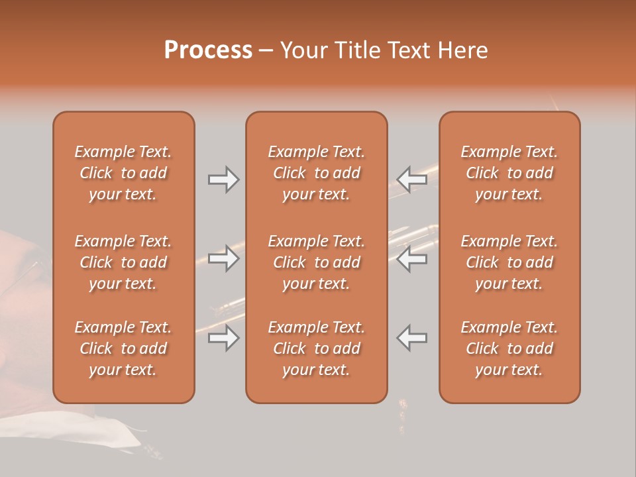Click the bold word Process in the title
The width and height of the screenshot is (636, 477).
point(208,50)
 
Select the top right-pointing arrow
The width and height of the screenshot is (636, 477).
point(223,180)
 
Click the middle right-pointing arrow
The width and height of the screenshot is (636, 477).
point(223,258)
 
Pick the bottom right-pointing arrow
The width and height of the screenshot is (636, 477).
point(223,338)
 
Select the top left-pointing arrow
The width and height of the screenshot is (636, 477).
point(412,180)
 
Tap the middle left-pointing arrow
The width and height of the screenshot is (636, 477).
point(412,258)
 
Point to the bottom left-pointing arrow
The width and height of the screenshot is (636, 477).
point(412,338)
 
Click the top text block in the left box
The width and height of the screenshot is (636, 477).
point(123,173)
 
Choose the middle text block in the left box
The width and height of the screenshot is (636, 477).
point(123,262)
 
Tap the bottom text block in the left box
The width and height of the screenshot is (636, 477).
point(123,348)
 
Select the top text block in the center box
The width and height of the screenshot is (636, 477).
point(317,173)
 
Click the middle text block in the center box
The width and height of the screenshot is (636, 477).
point(317,262)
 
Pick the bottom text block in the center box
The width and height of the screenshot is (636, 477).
point(317,348)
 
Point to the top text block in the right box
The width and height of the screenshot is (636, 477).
point(509,173)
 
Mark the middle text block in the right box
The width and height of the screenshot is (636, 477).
point(509,262)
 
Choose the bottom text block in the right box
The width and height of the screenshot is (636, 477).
point(509,348)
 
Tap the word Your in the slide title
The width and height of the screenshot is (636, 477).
point(301,50)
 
